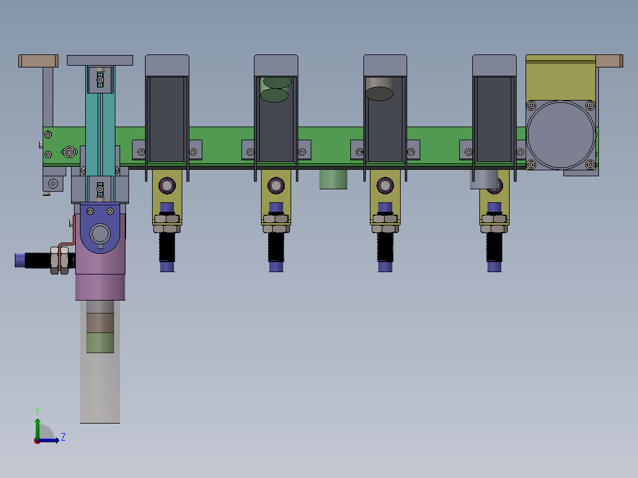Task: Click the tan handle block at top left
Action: pos(38,60)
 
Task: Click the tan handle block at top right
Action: pos(609,60)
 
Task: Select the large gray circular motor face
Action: pos(560,135)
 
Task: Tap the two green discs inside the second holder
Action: pos(276,89)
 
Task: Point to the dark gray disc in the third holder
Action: pos(379,93)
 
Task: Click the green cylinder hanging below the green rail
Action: pos(333,179)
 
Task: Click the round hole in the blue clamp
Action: pos(101,234)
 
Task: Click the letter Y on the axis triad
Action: pos(37,411)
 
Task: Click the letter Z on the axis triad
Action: pos(63,437)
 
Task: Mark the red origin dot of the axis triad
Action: pos(37,440)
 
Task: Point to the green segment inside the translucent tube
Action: pos(100,343)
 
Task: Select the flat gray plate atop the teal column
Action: pos(100,60)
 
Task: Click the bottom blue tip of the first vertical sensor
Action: pos(167,267)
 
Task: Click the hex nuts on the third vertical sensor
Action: pos(385,224)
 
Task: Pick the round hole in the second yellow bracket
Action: pos(276,186)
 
